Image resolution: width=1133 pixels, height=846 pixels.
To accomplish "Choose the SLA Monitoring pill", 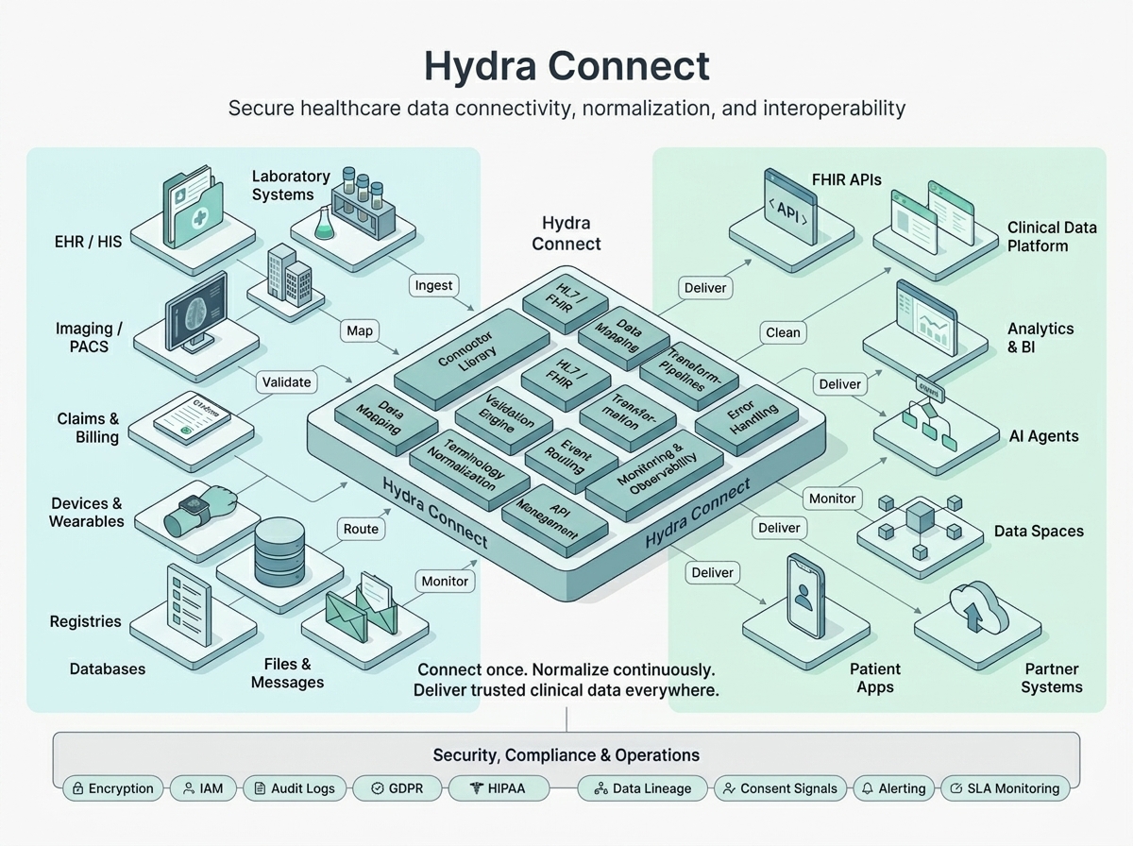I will (x=1006, y=788).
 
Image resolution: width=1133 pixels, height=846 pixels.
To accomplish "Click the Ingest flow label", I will (x=434, y=285).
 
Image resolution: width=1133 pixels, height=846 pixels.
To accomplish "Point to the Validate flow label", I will (x=286, y=382).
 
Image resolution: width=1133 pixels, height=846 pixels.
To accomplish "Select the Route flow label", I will (x=361, y=529).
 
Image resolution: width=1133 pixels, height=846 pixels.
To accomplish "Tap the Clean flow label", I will (x=783, y=331).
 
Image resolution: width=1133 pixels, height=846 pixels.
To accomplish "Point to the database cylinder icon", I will (x=281, y=550).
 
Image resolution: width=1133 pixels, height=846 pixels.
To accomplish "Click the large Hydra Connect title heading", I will (x=566, y=66).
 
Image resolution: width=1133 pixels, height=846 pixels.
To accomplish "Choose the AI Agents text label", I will (x=1043, y=436).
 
